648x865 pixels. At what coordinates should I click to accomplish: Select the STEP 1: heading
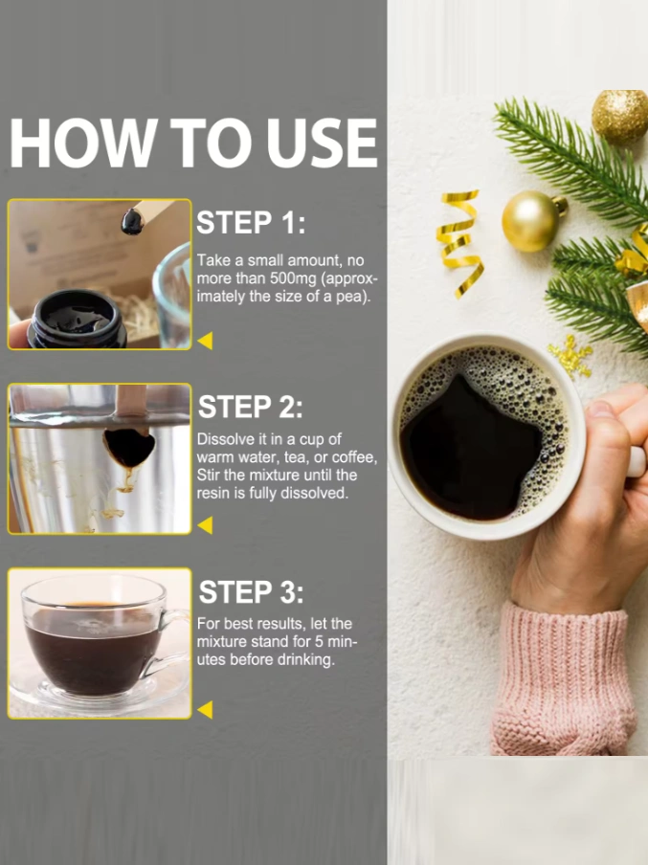(251, 223)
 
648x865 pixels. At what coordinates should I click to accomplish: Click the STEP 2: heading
(250, 407)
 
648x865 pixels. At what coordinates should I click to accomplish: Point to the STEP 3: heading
(251, 592)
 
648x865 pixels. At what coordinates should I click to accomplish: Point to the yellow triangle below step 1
(206, 341)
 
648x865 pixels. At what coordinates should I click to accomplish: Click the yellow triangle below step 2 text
(206, 525)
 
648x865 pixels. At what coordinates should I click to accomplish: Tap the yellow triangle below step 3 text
(206, 709)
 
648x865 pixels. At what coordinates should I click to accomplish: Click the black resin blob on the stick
(132, 221)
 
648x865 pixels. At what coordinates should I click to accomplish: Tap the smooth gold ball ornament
(531, 221)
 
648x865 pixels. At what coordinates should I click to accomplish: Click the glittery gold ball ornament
(620, 117)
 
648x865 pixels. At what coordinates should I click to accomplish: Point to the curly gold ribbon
(459, 244)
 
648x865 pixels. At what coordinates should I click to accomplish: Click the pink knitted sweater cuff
(564, 679)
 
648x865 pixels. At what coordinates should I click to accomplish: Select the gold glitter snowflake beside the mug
(570, 357)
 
